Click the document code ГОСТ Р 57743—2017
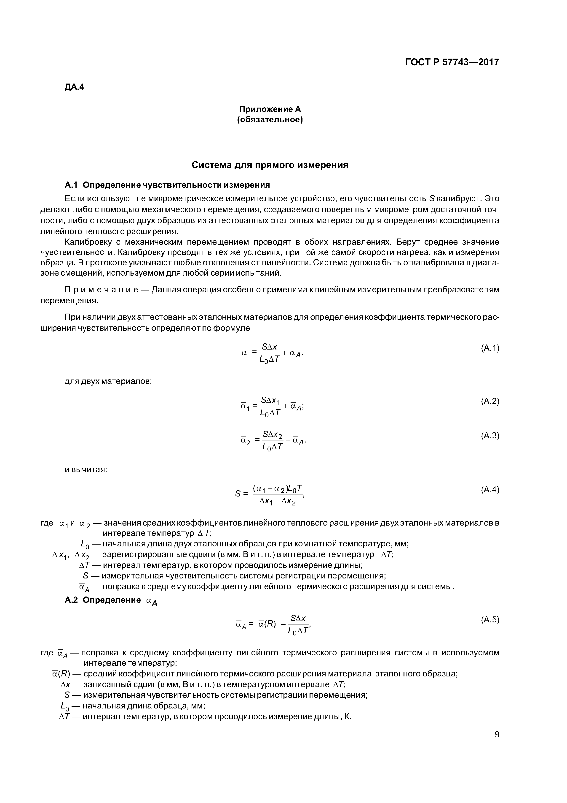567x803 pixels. pyautogui.click(x=452, y=62)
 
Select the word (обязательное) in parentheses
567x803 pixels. pyautogui.click(x=270, y=120)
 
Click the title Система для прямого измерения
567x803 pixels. pyautogui.click(x=270, y=165)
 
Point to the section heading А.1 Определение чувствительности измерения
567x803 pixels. pyautogui.click(x=167, y=185)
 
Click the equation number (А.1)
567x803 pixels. pyautogui.click(x=490, y=348)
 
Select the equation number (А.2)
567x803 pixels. pyautogui.click(x=490, y=401)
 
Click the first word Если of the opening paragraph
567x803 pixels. pyautogui.click(x=75, y=199)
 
